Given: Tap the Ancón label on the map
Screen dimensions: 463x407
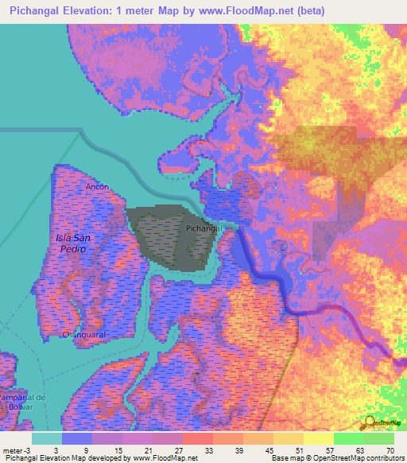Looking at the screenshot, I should (97, 186).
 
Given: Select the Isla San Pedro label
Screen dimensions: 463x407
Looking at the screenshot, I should (71, 243).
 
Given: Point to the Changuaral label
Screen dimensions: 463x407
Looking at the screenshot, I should (84, 335).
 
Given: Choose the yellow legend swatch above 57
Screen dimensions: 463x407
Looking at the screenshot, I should (318, 438).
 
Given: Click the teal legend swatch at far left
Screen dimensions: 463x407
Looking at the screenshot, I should (47, 438).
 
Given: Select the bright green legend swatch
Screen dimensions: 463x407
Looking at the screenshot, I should (348, 438).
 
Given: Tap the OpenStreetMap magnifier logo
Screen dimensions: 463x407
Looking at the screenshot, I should (369, 422).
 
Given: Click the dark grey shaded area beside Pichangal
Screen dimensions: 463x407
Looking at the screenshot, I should (167, 239).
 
